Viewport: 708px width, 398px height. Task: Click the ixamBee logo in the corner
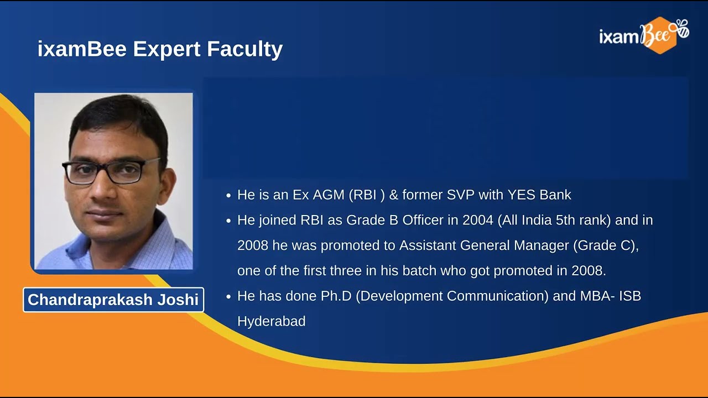[643, 35]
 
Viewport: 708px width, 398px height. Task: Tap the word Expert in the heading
[168, 49]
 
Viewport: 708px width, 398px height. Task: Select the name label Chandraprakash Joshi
[113, 300]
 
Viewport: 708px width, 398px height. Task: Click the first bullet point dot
[229, 196]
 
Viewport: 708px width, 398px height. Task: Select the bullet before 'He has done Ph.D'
[229, 297]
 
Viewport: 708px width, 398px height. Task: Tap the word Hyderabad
[271, 321]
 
